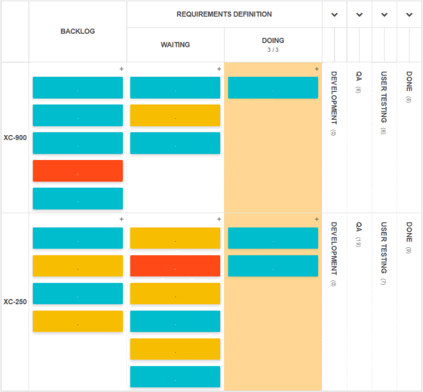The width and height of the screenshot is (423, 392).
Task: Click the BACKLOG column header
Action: click(78, 32)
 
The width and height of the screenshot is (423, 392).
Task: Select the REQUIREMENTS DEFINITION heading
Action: click(224, 14)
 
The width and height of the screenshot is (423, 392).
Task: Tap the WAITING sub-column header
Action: click(175, 45)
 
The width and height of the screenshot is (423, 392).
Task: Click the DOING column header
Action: click(273, 41)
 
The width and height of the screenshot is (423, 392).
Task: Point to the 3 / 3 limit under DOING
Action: click(273, 50)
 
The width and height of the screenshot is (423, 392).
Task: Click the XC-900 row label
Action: click(15, 138)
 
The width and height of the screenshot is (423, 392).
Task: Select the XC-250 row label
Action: click(15, 302)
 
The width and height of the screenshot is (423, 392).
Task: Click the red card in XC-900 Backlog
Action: click(78, 171)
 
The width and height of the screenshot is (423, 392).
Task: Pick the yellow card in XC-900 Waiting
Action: click(175, 115)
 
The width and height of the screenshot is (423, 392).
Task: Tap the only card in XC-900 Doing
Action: click(273, 88)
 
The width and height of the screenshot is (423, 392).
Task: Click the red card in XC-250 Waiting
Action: click(175, 266)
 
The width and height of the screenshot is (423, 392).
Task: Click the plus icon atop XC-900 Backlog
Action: click(121, 69)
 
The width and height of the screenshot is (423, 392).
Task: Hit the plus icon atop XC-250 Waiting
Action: click(219, 219)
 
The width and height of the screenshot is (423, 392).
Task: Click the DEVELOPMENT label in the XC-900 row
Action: click(334, 98)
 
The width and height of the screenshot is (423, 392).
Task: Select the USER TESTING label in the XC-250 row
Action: click(384, 248)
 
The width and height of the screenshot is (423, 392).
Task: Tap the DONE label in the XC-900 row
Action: click(409, 81)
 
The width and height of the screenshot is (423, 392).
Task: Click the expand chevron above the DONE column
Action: click(409, 15)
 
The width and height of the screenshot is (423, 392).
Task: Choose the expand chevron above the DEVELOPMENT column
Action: click(334, 15)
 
